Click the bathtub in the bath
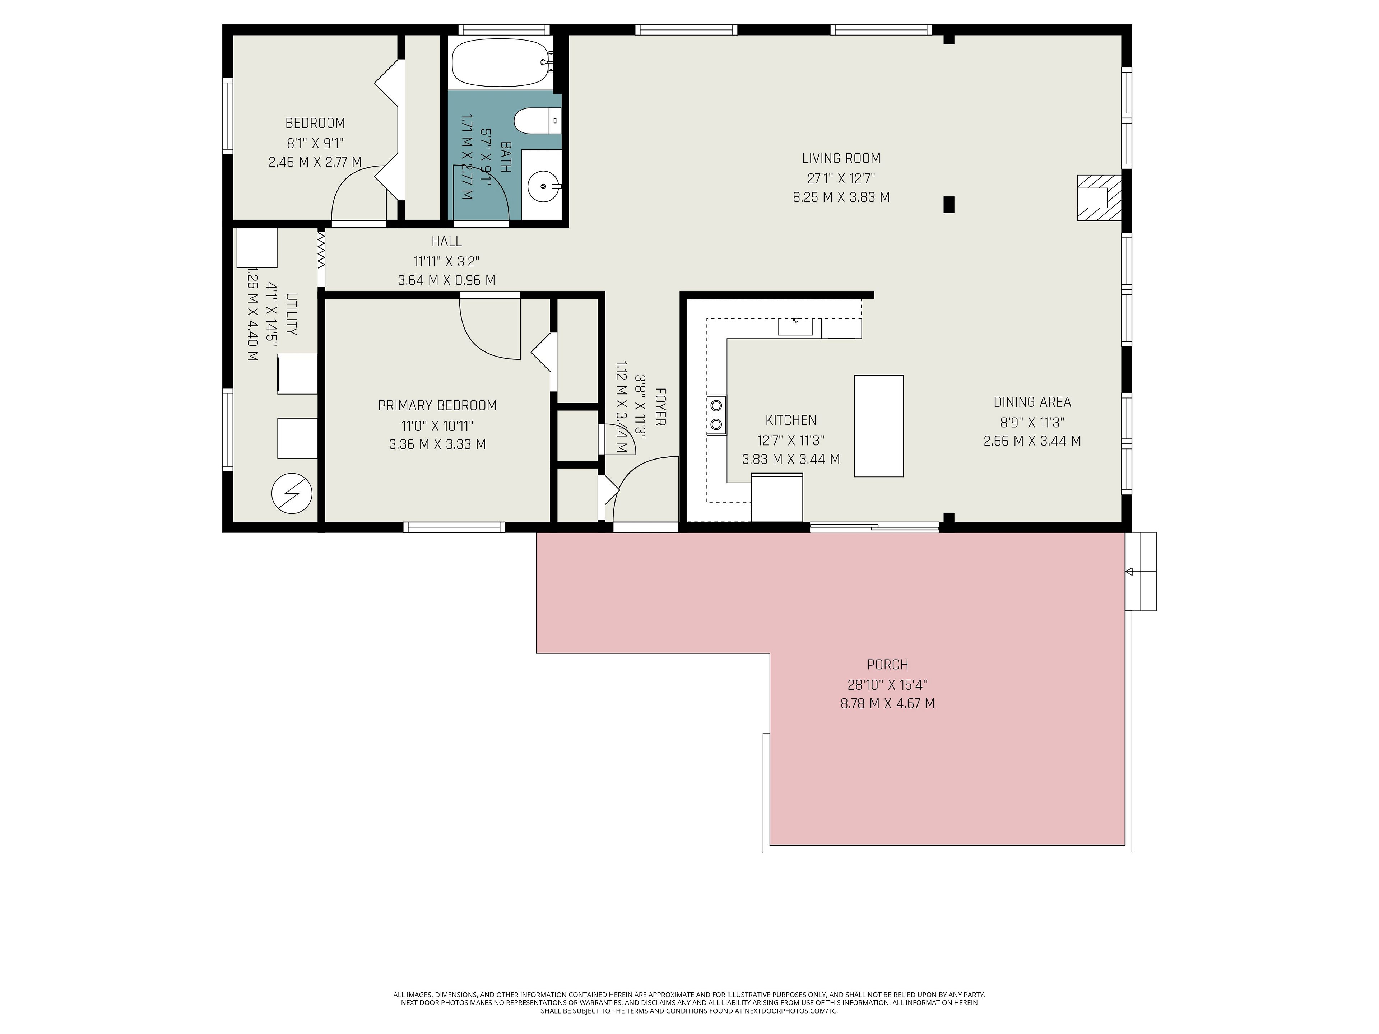501,62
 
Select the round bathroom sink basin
542,186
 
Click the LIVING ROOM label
841,158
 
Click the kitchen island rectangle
878,426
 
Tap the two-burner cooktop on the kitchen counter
716,415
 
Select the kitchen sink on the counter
795,326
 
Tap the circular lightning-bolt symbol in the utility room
291,494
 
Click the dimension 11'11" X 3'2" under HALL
446,261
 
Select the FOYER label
660,407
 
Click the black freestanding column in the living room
949,204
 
